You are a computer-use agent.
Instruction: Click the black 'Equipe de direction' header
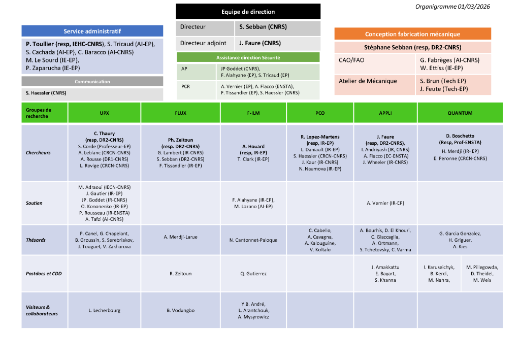click(x=248, y=12)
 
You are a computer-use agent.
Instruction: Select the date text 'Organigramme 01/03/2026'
click(x=452, y=7)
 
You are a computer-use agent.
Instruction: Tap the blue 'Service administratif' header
click(x=92, y=31)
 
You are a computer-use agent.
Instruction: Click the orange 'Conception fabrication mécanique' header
click(x=412, y=34)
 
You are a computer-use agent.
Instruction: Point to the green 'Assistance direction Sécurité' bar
click(x=248, y=57)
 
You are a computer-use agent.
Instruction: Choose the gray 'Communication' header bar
click(x=92, y=81)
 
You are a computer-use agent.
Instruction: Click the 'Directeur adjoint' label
click(x=203, y=43)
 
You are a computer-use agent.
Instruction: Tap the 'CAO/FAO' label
click(x=351, y=60)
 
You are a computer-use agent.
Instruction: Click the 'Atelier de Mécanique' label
click(x=368, y=81)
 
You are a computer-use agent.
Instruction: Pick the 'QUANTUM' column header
click(x=460, y=113)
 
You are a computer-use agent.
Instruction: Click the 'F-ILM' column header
click(x=253, y=113)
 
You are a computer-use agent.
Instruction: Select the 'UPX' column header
click(x=105, y=113)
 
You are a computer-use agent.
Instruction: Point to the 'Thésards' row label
click(x=36, y=240)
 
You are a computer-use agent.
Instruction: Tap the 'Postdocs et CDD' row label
click(x=44, y=274)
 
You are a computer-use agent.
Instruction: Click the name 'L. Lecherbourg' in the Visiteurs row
click(x=105, y=310)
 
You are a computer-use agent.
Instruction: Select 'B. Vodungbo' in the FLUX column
click(x=181, y=310)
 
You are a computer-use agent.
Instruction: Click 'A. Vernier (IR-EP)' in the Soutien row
click(x=385, y=203)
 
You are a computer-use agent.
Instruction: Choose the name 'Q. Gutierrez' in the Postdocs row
click(x=253, y=274)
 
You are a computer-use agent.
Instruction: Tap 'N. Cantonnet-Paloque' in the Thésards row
click(x=253, y=240)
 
